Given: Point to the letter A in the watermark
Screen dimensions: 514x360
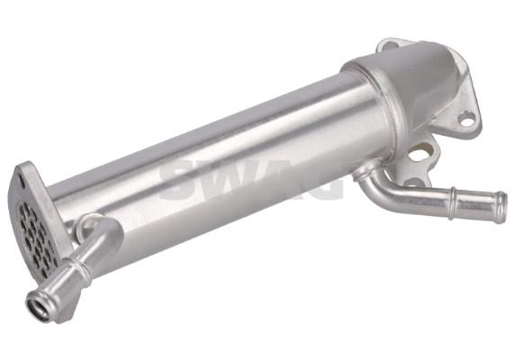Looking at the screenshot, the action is pos(279,180).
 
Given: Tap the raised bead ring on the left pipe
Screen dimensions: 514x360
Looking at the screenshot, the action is pos(78,267).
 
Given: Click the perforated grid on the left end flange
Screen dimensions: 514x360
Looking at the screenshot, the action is pos(35,236).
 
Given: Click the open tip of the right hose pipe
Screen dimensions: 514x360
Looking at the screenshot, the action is pos(500,202).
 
